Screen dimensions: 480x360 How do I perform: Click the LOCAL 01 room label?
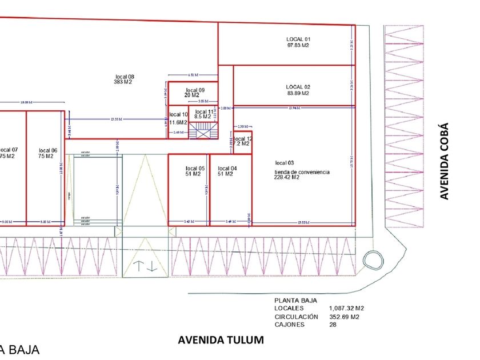tap(298, 39)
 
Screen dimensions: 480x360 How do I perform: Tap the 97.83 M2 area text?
tap(298, 45)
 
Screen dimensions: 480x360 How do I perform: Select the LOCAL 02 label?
tap(298, 87)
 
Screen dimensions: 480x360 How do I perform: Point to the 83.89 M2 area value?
tap(298, 93)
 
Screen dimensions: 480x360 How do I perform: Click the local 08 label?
tap(124, 76)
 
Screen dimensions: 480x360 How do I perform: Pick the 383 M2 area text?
tap(123, 82)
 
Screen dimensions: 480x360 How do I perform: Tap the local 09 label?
tap(195, 90)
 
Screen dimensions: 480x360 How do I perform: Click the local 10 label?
tap(178, 115)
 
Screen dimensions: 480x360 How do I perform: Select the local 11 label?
tap(204, 111)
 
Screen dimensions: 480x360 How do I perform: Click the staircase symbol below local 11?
tap(203, 131)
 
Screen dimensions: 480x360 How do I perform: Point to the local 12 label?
tap(242, 139)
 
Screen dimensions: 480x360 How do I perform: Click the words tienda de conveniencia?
tap(302, 171)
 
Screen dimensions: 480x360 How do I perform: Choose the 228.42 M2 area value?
tap(287, 178)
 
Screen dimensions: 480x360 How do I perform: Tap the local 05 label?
tap(195, 168)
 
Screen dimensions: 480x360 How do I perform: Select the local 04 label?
tap(227, 168)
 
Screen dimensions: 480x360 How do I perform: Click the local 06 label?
tap(48, 150)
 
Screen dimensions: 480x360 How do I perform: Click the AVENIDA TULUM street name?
tap(221, 341)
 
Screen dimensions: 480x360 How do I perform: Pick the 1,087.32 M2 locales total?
tap(346, 308)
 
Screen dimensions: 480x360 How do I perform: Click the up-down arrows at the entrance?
tap(146, 266)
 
